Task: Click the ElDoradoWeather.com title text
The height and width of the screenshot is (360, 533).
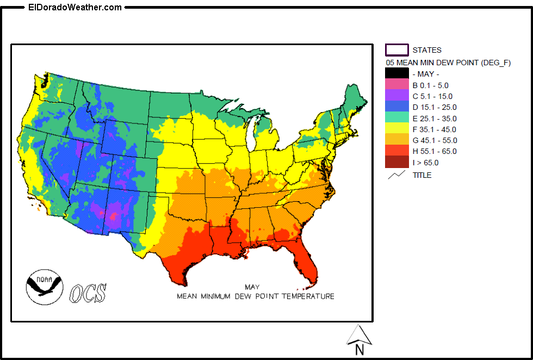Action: pos(75,7)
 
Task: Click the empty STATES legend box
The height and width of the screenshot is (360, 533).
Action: pos(396,50)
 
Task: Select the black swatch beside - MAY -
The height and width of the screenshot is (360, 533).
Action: pos(396,74)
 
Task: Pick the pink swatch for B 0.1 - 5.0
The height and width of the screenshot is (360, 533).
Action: pos(396,85)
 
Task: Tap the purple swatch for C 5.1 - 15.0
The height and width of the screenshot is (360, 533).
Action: pos(396,96)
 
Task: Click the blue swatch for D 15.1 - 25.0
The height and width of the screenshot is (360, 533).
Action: pos(396,107)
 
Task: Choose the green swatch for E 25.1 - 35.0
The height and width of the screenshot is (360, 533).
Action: pos(396,118)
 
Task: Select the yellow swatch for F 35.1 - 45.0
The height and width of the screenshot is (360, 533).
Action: pos(396,129)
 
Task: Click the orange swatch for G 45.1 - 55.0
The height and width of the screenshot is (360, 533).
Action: pos(396,140)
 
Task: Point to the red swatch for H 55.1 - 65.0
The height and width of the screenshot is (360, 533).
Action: pos(396,151)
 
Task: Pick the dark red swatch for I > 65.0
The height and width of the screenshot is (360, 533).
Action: pos(396,162)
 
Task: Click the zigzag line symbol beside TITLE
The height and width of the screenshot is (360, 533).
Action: pos(396,175)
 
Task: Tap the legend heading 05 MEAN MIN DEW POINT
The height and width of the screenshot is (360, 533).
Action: pos(448,63)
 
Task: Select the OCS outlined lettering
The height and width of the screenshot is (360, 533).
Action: pos(88,293)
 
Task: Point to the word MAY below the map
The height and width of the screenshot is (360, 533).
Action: pos(252,287)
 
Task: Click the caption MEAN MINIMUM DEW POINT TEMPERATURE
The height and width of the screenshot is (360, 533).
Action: pos(255,296)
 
